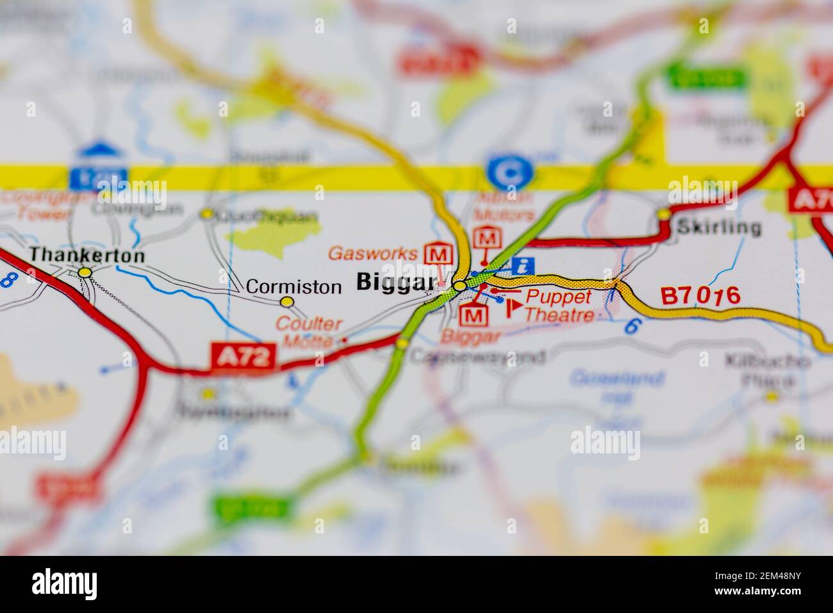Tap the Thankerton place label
[87, 255]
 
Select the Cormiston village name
[293, 286]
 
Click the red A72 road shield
[243, 357]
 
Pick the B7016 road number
[700, 296]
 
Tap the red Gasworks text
[372, 253]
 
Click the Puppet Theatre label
[559, 305]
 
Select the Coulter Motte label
[309, 332]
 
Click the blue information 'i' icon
[524, 265]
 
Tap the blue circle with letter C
[509, 171]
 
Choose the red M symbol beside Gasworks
[438, 253]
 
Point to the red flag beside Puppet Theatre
[513, 308]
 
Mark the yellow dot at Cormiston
[287, 301]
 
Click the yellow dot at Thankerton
[85, 273]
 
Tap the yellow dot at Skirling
[664, 213]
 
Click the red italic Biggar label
[472, 336]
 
